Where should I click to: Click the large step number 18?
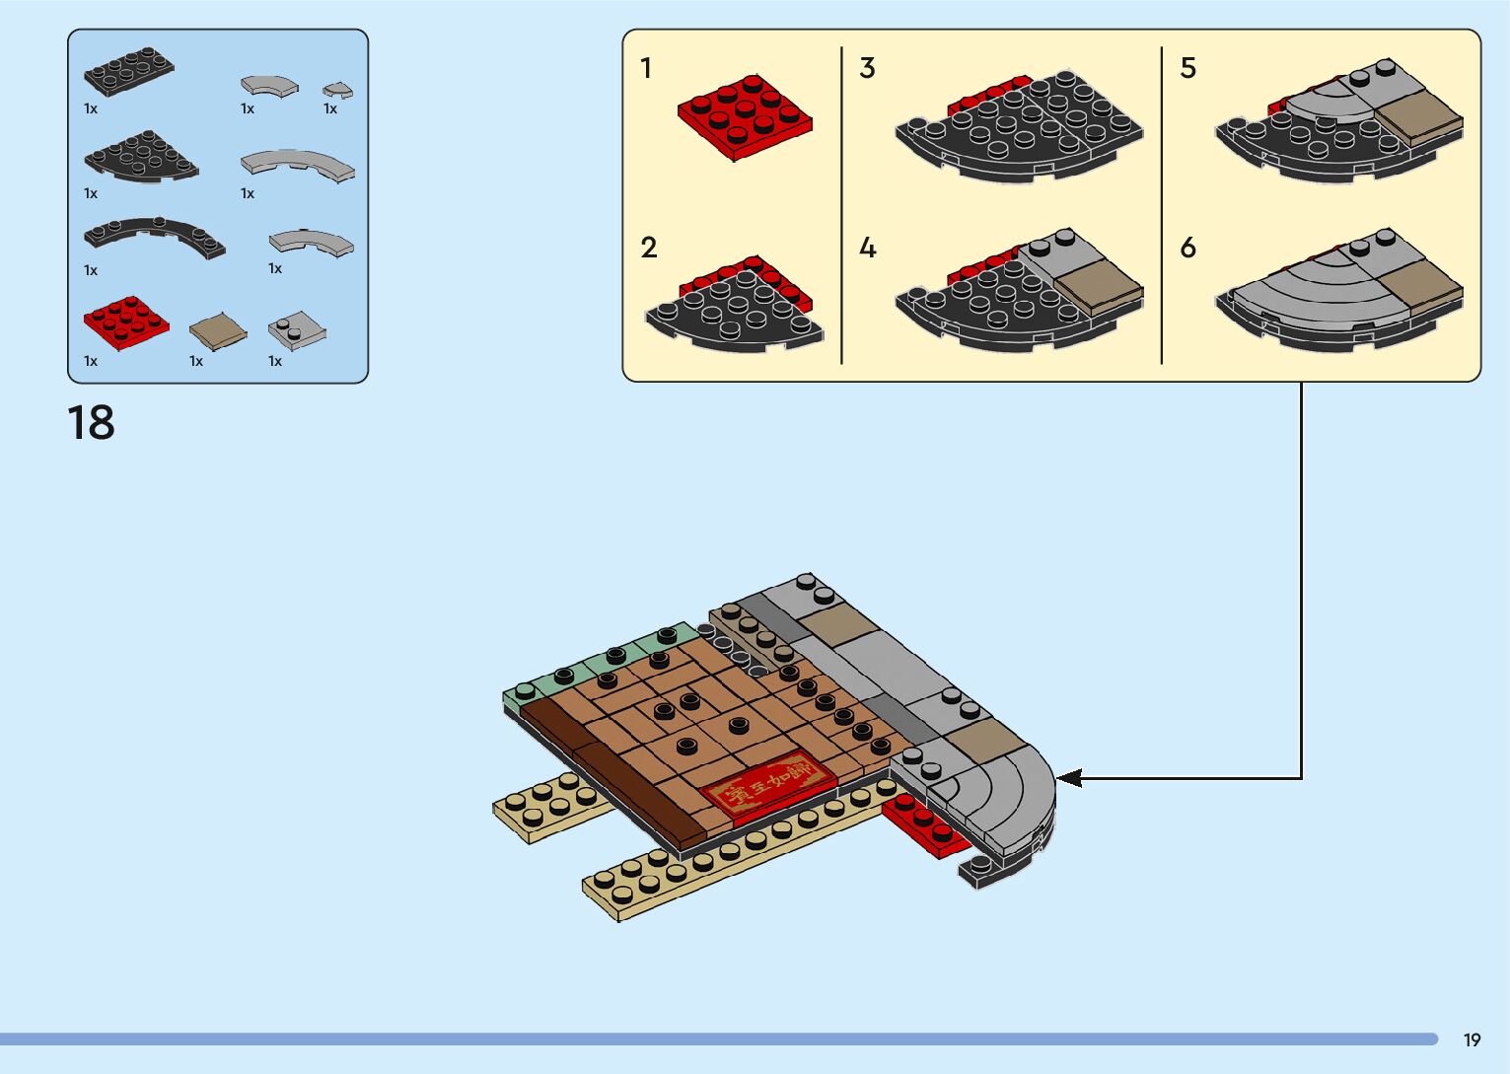click(x=91, y=423)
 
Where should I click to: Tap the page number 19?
click(x=1472, y=1039)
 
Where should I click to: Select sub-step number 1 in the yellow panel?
click(x=646, y=68)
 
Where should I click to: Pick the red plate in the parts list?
click(x=125, y=322)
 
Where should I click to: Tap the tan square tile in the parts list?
click(x=217, y=331)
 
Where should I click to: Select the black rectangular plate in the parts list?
click(x=128, y=71)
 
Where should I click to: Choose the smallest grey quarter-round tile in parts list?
click(x=337, y=91)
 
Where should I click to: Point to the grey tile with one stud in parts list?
click(x=296, y=329)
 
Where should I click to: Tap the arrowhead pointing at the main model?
click(x=1069, y=778)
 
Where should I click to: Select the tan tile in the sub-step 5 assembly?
click(x=1416, y=116)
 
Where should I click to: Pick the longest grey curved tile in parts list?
click(x=297, y=165)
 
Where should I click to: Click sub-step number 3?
click(x=867, y=68)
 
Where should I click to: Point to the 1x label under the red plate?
click(x=91, y=361)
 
